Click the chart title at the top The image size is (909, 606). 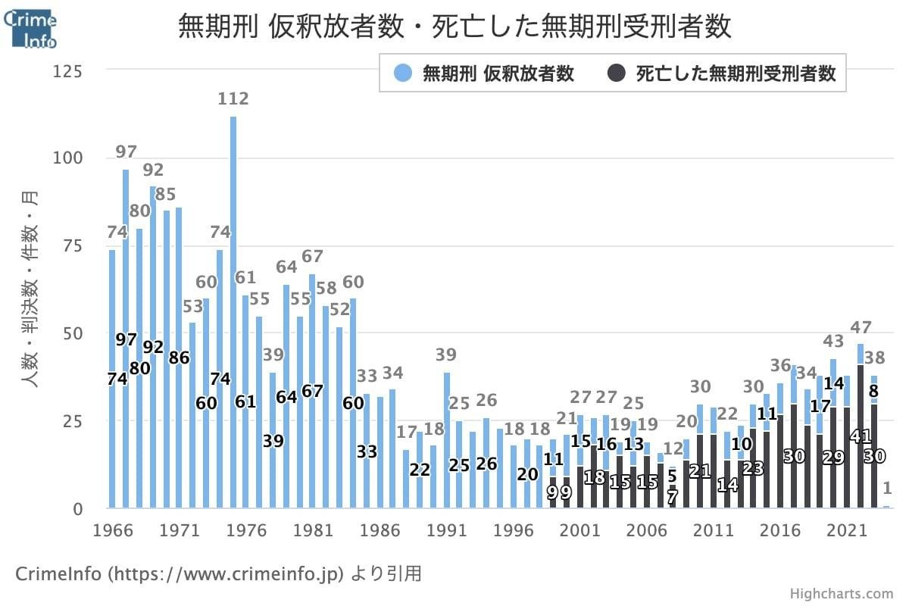(x=454, y=27)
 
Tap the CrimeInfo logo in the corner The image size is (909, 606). (x=30, y=27)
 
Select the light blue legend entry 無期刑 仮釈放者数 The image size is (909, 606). (x=485, y=73)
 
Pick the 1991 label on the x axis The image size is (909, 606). (x=446, y=530)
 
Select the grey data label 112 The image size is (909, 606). (x=233, y=98)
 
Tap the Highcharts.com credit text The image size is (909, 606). (x=841, y=594)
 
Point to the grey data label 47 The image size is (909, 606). (x=861, y=328)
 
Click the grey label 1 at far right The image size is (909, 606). (x=887, y=489)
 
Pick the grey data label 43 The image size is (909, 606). (x=833, y=341)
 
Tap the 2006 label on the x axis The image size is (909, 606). (x=647, y=530)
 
